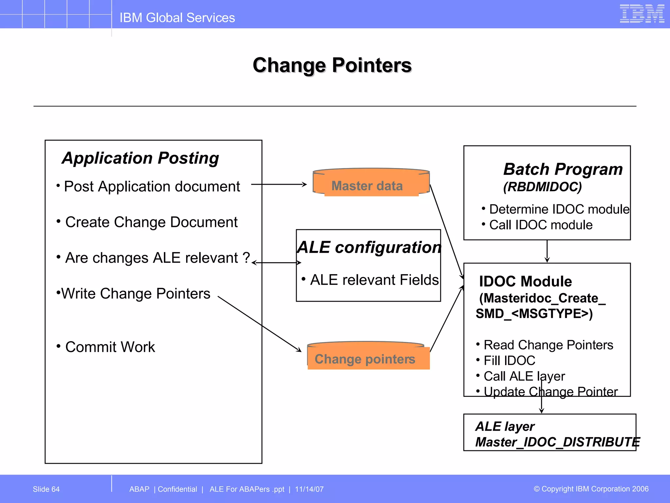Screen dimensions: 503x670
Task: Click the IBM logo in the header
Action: click(642, 14)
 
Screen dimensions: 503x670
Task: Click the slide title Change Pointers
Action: click(332, 65)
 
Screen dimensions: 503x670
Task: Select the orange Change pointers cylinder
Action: click(368, 357)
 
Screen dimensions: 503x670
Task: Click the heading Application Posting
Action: click(140, 158)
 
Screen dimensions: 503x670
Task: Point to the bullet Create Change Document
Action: click(151, 222)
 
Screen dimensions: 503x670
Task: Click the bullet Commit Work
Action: click(110, 347)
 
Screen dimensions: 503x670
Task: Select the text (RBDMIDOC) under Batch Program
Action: click(542, 187)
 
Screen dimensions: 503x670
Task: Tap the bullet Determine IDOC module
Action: click(559, 209)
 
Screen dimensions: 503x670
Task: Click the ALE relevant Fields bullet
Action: click(374, 280)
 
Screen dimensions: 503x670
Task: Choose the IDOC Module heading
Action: click(525, 281)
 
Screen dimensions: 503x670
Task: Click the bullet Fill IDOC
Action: click(509, 361)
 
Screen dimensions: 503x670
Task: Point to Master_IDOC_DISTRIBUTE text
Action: click(557, 442)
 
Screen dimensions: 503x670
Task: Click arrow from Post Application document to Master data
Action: click(279, 184)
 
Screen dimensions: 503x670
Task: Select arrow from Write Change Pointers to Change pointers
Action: click(259, 324)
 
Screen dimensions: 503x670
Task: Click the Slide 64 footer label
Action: click(46, 489)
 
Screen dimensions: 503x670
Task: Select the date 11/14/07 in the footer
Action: click(309, 489)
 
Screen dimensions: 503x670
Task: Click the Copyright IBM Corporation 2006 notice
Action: click(591, 489)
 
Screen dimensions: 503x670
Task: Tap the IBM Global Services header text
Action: click(177, 18)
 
